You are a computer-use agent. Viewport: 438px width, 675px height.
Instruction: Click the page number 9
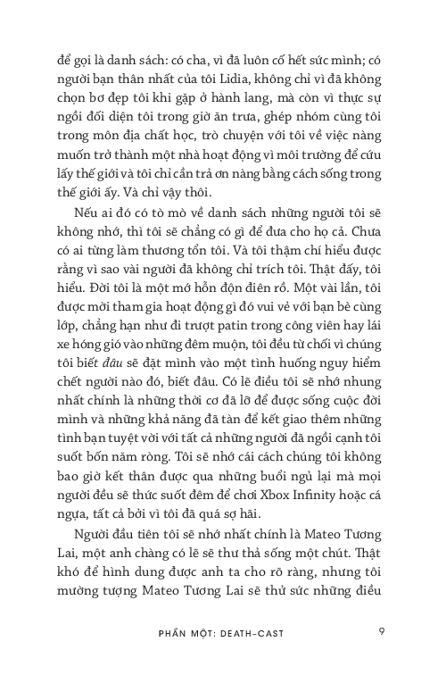coord(381,631)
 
